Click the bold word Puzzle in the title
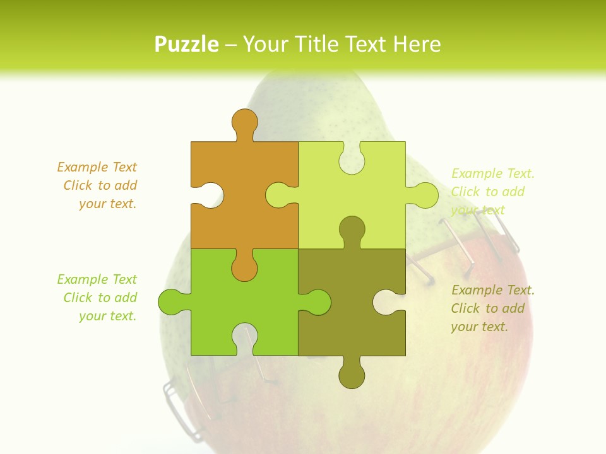(187, 44)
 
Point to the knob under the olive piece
(352, 375)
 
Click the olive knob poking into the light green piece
(352, 230)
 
